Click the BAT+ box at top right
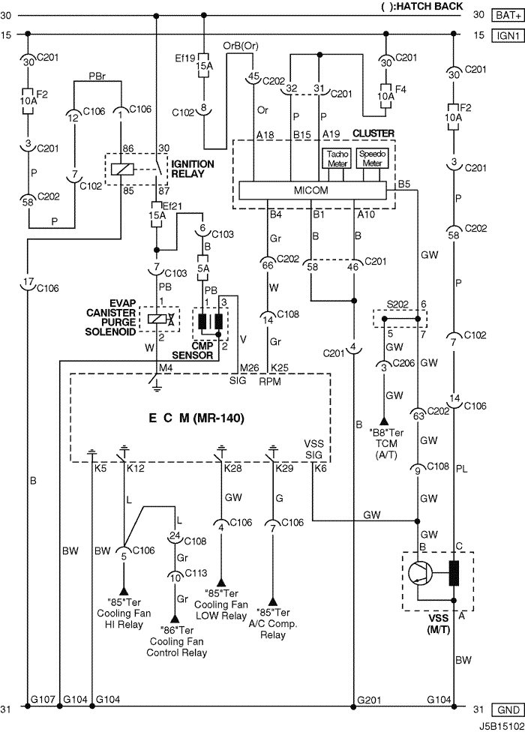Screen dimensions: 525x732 tap(508, 15)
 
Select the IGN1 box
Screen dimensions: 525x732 tap(508, 35)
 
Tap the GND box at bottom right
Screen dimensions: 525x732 tap(508, 709)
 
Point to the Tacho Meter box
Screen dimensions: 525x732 tap(337, 158)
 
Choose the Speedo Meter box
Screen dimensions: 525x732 tap(372, 158)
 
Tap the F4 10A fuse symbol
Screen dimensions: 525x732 tap(385, 96)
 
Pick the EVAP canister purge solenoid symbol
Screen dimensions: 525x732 tap(160, 319)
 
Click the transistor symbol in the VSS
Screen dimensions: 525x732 tap(420, 573)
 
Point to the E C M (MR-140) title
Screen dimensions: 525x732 tap(196, 418)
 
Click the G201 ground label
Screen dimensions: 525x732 tap(369, 699)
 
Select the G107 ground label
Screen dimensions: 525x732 tap(43, 699)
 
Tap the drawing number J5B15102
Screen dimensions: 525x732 tap(500, 727)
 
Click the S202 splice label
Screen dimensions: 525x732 tap(397, 304)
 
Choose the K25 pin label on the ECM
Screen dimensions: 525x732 tap(280, 367)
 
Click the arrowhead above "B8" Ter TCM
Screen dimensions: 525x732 tap(383, 421)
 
